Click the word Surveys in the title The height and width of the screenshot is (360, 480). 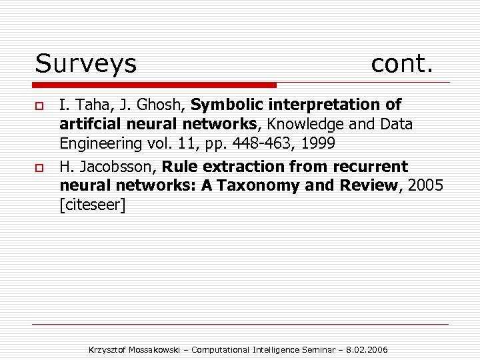[85, 64]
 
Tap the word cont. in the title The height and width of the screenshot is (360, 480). [402, 64]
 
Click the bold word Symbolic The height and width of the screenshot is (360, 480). [227, 105]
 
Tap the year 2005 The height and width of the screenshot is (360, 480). [424, 185]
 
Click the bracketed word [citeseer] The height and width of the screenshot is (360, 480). [92, 205]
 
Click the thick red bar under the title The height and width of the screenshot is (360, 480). [155, 85]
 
